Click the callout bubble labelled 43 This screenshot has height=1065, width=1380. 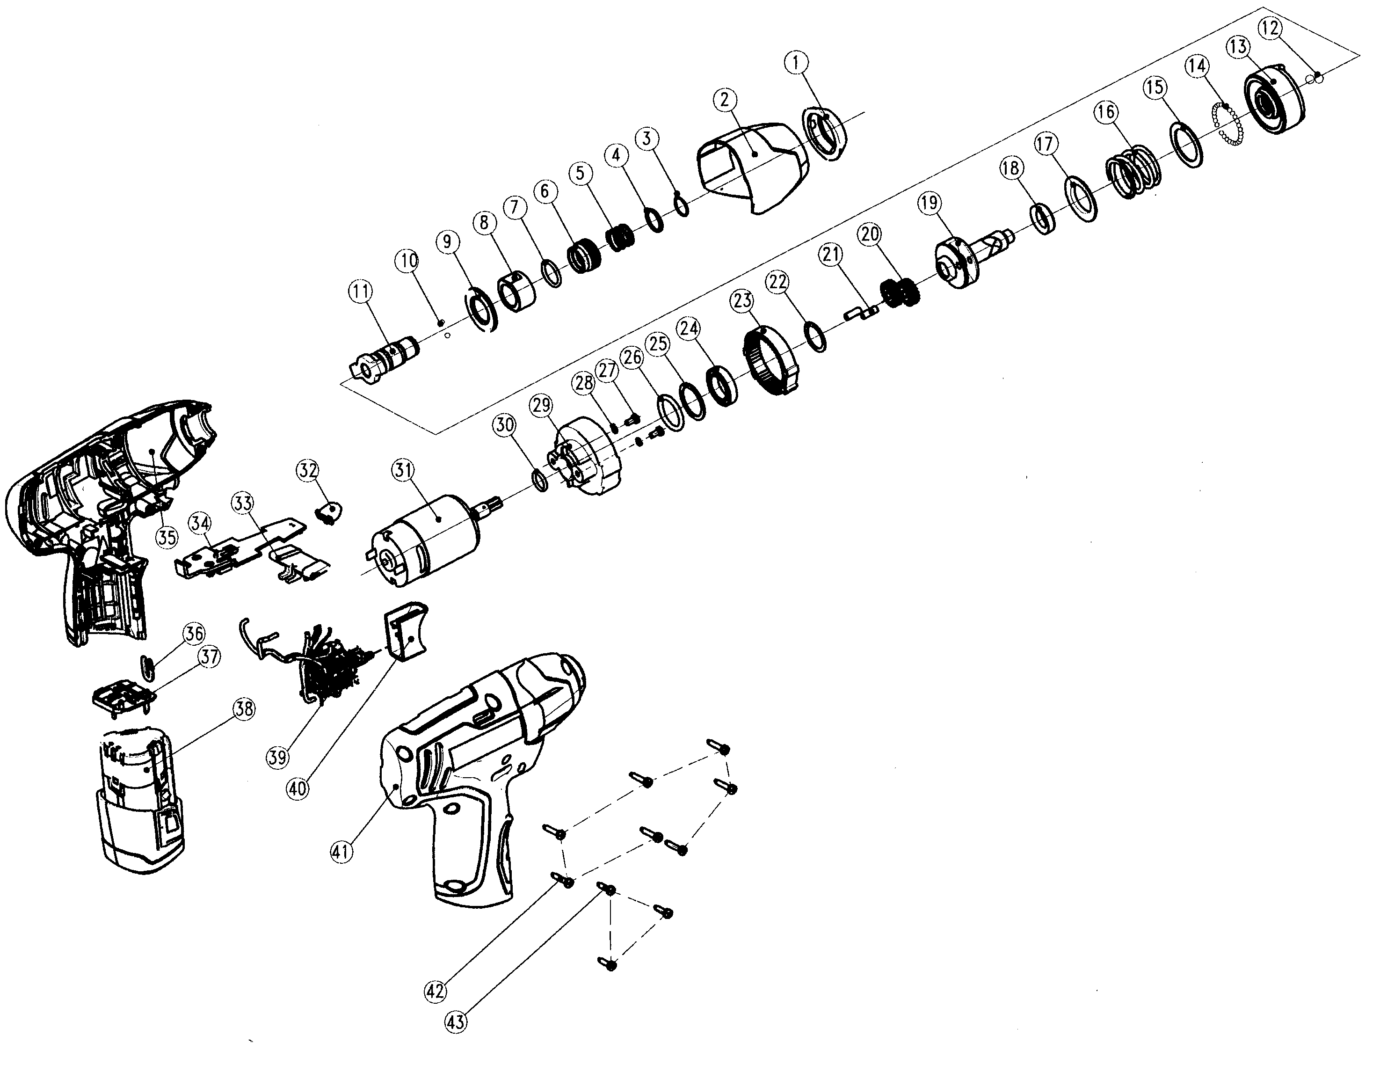point(456,1022)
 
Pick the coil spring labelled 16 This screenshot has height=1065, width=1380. point(1130,171)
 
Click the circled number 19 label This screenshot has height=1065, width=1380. point(929,204)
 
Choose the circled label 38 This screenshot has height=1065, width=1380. point(243,709)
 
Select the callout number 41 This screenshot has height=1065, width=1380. point(342,852)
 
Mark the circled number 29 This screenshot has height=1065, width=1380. point(542,405)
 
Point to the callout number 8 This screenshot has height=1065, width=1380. point(484,222)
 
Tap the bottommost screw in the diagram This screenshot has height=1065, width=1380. point(609,964)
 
